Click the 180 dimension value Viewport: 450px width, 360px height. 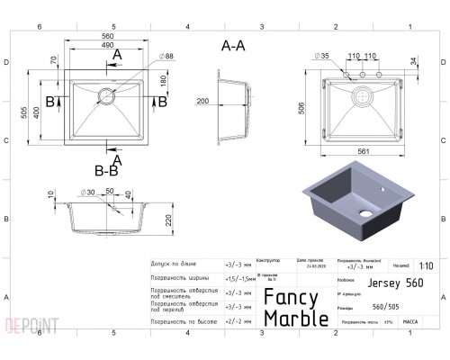click(x=162, y=81)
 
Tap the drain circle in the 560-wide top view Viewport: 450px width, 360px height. click(x=110, y=93)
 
